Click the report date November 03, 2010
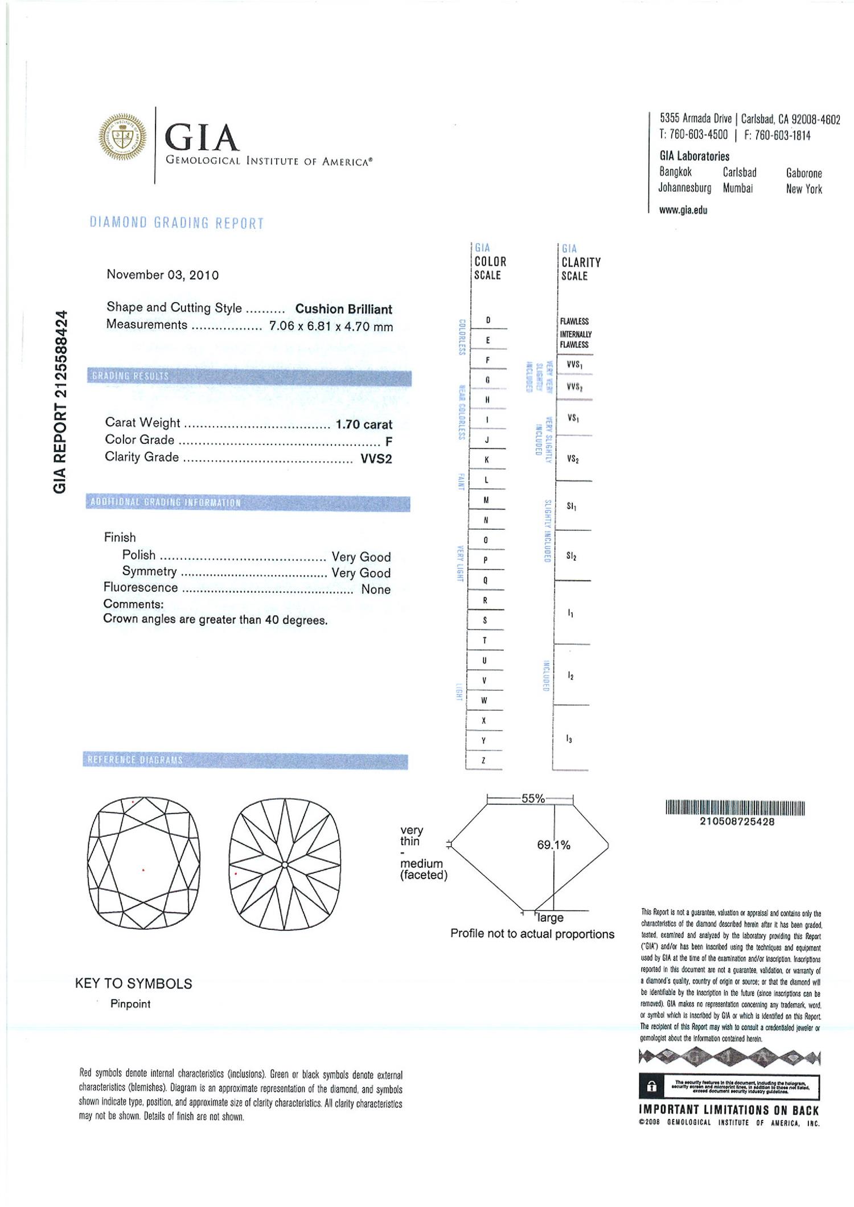click(x=162, y=275)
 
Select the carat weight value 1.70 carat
click(x=364, y=425)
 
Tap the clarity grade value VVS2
click(x=376, y=459)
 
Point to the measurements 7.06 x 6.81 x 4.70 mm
click(x=331, y=327)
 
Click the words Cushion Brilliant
click(x=343, y=309)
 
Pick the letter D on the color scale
click(x=488, y=320)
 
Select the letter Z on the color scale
click(x=484, y=760)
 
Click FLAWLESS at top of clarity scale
click(x=574, y=322)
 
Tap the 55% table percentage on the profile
click(x=533, y=798)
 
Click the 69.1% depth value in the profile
click(x=553, y=845)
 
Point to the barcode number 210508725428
click(x=737, y=822)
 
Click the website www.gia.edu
click(x=683, y=210)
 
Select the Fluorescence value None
click(x=376, y=590)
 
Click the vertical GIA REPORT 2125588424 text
click(x=60, y=402)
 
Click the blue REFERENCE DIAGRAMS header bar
click(x=245, y=760)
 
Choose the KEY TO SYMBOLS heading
click(x=134, y=983)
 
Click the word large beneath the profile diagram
click(x=550, y=918)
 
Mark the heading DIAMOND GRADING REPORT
click(x=177, y=223)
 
